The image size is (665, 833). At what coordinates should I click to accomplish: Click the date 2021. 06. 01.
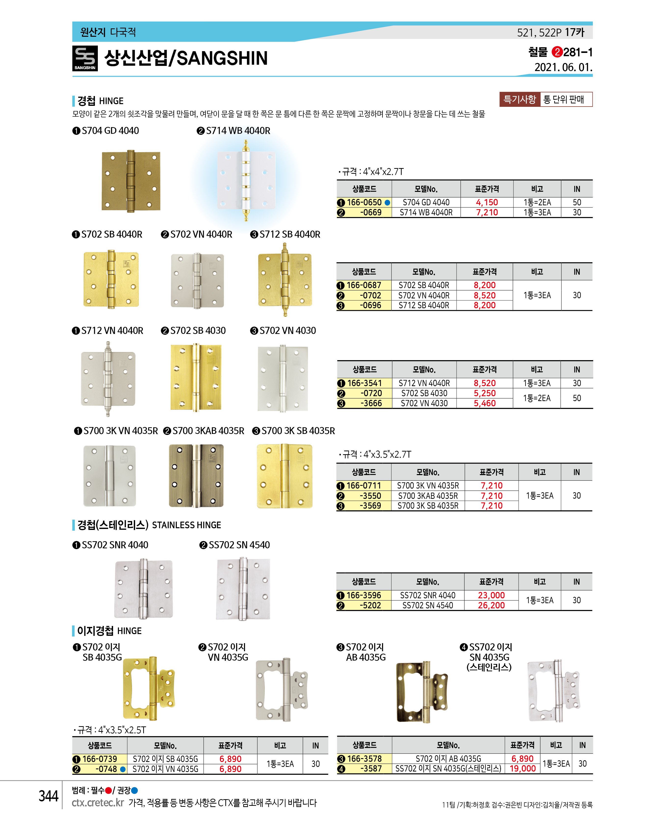(563, 68)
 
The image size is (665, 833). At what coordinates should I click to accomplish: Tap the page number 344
(48, 796)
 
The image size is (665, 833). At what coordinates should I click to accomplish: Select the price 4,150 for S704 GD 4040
(487, 202)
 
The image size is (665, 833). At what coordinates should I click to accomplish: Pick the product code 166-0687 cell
(364, 285)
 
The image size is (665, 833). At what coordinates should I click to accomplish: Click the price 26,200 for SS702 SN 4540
(491, 605)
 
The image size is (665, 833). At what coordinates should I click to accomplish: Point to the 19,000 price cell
(522, 769)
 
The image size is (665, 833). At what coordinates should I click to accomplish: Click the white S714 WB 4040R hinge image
(246, 180)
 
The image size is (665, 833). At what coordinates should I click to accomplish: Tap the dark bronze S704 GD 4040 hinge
(131, 181)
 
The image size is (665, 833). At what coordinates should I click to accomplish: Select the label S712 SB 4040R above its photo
(290, 234)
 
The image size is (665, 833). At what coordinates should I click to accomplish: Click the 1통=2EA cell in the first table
(537, 202)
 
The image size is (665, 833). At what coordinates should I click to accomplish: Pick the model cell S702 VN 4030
(424, 403)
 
